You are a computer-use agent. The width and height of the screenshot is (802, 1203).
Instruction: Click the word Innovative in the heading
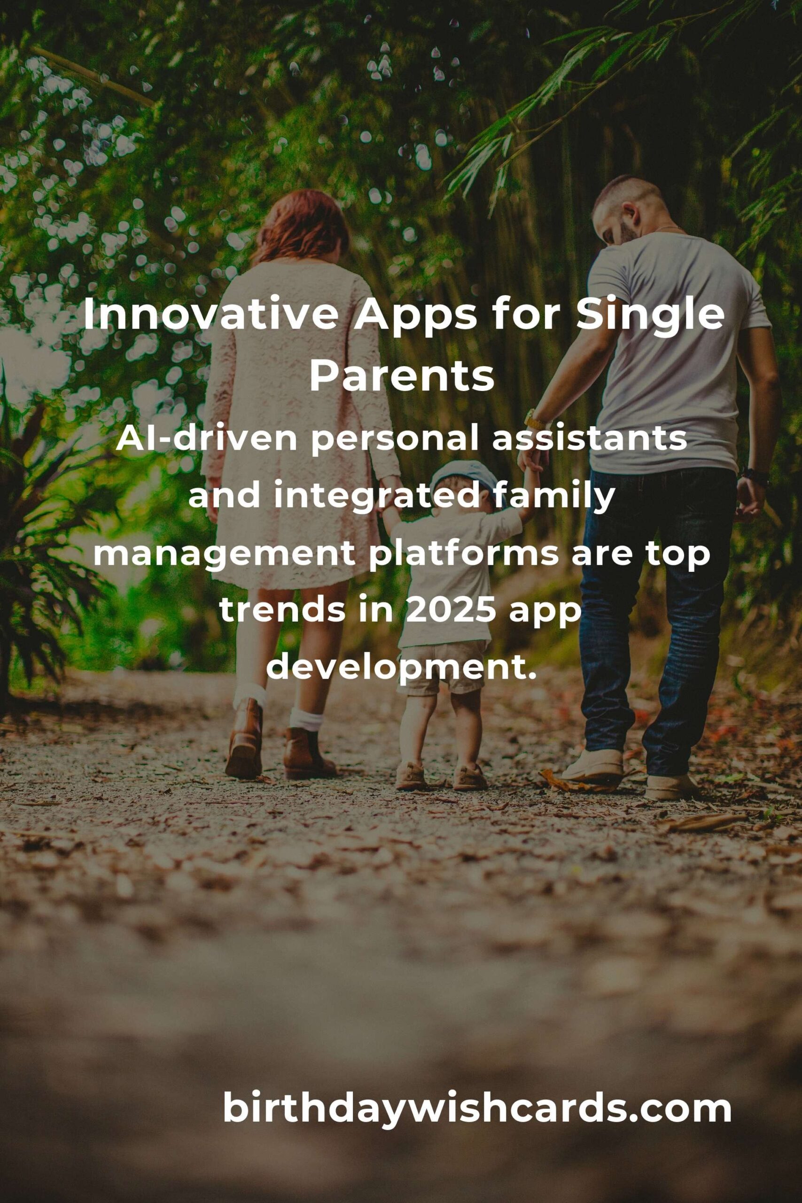pos(211,316)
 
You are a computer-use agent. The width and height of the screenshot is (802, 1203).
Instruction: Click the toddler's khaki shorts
pos(443,667)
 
